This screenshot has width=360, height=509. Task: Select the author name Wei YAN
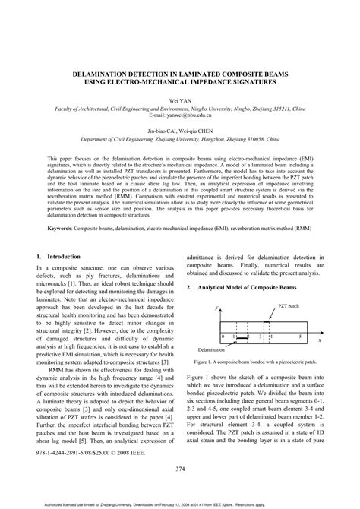click(179, 99)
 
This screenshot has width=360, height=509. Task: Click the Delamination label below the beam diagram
click(213, 349)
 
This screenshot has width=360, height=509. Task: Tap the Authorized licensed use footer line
click(179, 502)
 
